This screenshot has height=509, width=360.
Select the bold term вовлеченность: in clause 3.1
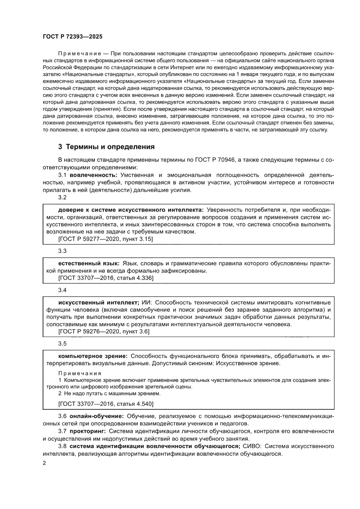[x=94, y=175]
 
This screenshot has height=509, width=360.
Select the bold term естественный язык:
[x=89, y=263]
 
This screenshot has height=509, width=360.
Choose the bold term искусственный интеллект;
[x=98, y=302]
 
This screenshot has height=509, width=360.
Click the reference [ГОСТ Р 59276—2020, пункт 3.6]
[x=104, y=331]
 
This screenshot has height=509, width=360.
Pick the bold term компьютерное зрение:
[x=93, y=356]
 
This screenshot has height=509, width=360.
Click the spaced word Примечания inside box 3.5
[x=80, y=374]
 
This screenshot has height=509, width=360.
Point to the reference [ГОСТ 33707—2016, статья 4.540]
[x=106, y=404]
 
